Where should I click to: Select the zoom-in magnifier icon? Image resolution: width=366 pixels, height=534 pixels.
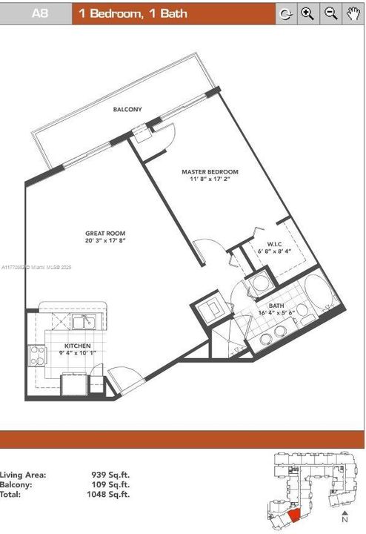pyautogui.click(x=307, y=14)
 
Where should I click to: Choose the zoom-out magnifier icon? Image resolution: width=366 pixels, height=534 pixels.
pyautogui.click(x=330, y=14)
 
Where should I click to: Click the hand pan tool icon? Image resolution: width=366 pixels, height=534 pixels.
pyautogui.click(x=353, y=14)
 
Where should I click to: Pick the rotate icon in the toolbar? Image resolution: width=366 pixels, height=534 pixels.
pyautogui.click(x=285, y=14)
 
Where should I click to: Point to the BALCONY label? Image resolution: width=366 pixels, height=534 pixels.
pyautogui.click(x=127, y=110)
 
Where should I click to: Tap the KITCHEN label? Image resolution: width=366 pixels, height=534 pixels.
pyautogui.click(x=77, y=346)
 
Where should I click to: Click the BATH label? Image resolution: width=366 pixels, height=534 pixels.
pyautogui.click(x=276, y=306)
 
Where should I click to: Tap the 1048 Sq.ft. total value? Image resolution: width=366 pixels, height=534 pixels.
pyautogui.click(x=111, y=493)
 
